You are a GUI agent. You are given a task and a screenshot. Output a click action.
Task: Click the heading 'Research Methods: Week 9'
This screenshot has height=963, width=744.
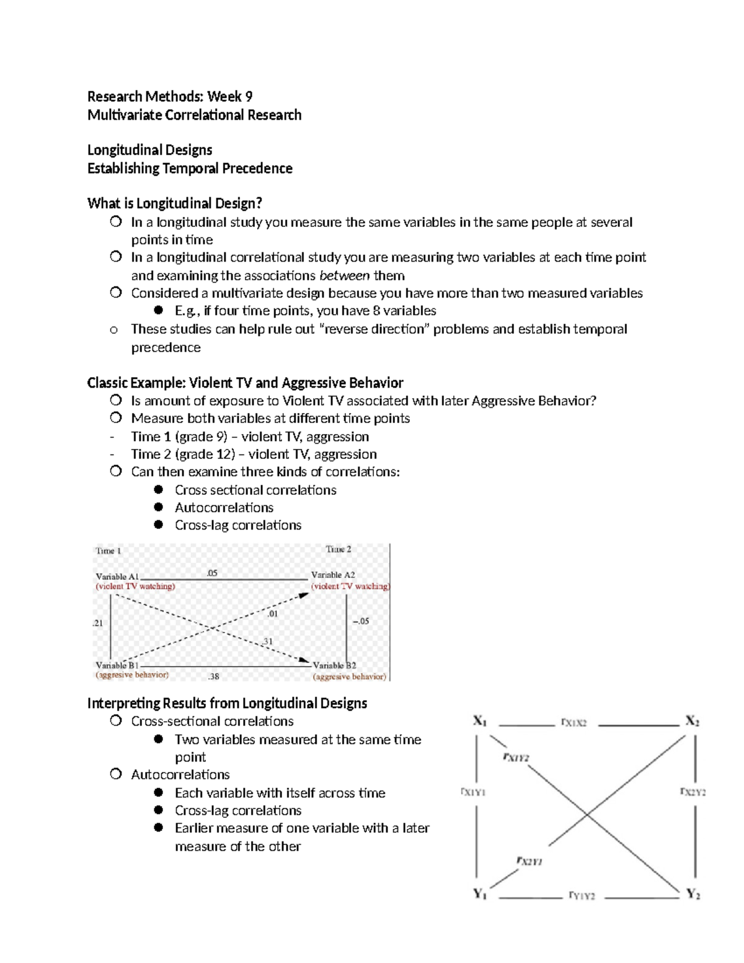click(x=169, y=96)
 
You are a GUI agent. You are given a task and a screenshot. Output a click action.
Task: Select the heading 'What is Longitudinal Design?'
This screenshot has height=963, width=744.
click(x=175, y=203)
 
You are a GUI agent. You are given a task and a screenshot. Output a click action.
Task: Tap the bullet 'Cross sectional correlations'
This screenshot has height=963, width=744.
click(x=255, y=490)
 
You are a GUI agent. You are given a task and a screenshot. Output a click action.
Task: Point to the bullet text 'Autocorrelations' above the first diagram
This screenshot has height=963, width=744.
click(x=224, y=507)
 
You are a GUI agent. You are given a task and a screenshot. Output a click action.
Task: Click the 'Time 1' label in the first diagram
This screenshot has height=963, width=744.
click(x=108, y=551)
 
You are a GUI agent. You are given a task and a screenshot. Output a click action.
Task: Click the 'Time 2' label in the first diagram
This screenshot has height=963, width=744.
click(x=339, y=549)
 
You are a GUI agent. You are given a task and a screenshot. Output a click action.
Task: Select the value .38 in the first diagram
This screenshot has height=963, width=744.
click(x=213, y=677)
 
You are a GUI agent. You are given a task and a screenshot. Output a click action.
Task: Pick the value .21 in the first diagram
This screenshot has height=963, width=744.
click(x=98, y=623)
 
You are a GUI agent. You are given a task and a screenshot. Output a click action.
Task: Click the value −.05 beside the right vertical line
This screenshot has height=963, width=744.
click(x=360, y=621)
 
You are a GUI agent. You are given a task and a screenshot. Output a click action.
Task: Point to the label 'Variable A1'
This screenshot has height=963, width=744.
click(x=117, y=576)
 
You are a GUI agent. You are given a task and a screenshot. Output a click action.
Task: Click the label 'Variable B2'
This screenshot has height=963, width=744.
click(x=334, y=665)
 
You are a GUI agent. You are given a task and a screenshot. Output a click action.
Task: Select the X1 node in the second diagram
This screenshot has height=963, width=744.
click(x=480, y=721)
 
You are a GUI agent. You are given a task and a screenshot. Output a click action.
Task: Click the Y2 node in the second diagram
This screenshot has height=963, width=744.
click(x=693, y=894)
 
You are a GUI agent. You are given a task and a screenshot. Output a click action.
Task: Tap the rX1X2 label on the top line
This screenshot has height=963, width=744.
click(x=573, y=722)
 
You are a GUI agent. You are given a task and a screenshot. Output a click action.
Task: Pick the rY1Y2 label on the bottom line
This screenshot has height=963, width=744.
click(x=582, y=896)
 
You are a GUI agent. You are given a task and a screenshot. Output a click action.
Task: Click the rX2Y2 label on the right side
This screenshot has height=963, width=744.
click(x=693, y=792)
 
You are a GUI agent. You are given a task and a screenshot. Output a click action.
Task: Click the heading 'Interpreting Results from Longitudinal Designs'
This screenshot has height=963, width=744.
click(x=227, y=703)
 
